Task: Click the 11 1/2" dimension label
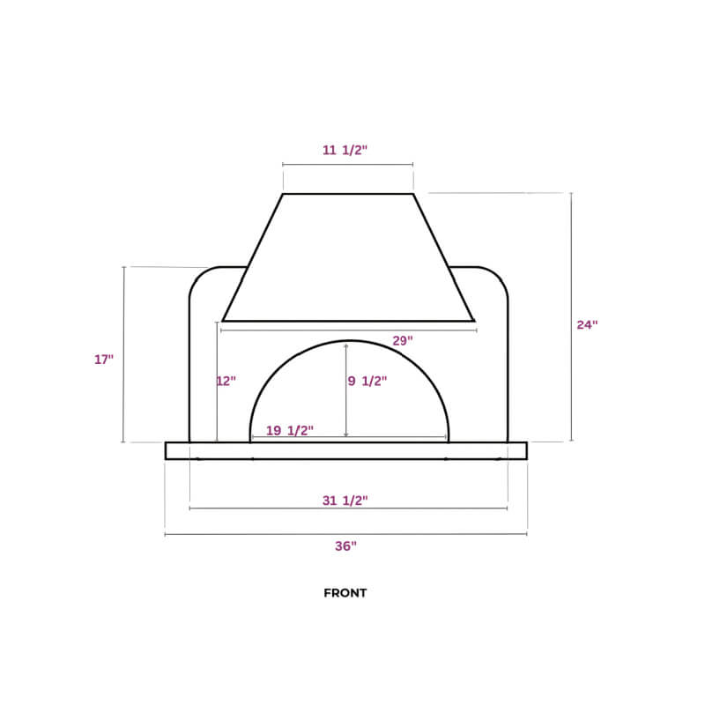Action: click(345, 151)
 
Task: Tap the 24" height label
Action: click(587, 324)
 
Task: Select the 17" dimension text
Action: click(104, 360)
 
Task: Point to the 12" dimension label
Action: click(226, 382)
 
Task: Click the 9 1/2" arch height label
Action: click(368, 382)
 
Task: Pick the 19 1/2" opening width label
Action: click(290, 430)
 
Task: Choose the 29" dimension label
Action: click(402, 340)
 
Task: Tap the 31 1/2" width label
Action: click(345, 501)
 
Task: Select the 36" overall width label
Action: click(345, 546)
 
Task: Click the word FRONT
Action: click(345, 593)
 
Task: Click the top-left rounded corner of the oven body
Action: click(199, 277)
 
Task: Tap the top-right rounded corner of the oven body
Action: click(499, 277)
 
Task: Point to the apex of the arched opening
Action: click(350, 340)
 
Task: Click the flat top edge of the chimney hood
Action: click(348, 194)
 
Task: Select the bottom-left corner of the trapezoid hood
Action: click(224, 320)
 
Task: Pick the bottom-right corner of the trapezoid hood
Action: click(474, 320)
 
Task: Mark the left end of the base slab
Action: click(167, 450)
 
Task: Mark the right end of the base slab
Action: click(525, 450)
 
